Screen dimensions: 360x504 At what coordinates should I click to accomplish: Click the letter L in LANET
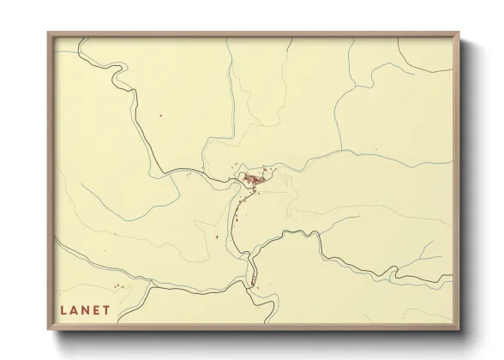click(x=63, y=310)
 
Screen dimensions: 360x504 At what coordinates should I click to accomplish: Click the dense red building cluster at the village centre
click(x=254, y=179)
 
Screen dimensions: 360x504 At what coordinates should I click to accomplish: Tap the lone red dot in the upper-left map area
click(x=160, y=116)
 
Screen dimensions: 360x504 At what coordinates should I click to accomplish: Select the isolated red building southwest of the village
click(x=218, y=237)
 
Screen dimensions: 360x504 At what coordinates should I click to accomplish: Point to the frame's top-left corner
click(x=49, y=33)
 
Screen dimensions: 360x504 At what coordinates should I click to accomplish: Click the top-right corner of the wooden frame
click(x=458, y=33)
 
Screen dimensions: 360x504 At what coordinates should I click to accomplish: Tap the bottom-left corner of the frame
click(x=49, y=329)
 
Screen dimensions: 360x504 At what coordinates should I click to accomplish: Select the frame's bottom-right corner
click(x=458, y=329)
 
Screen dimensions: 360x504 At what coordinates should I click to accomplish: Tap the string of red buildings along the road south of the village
click(x=243, y=206)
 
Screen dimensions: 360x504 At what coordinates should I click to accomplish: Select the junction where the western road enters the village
click(x=234, y=180)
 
